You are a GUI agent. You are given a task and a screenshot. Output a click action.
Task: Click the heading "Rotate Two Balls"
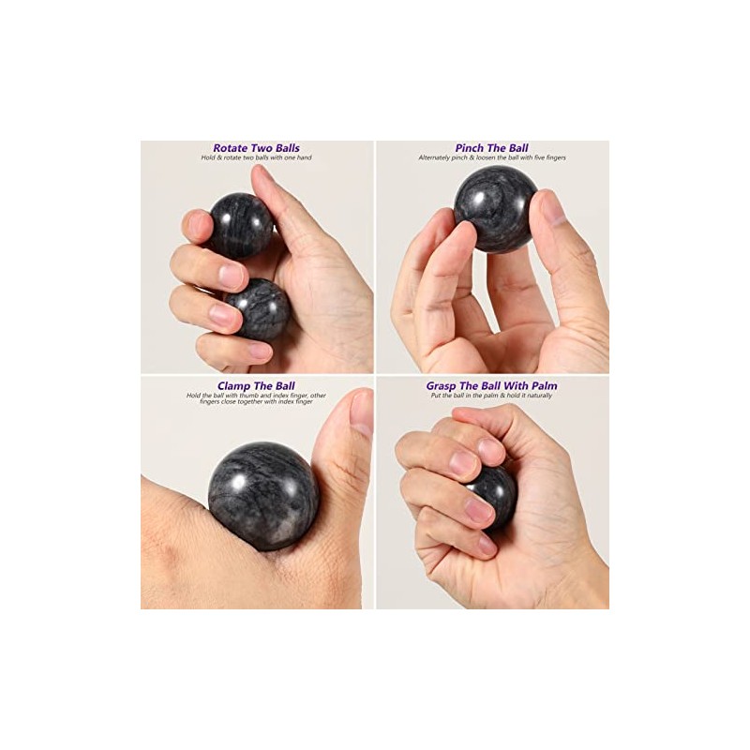(256, 148)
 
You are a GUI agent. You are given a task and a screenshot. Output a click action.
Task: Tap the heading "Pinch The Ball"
(491, 148)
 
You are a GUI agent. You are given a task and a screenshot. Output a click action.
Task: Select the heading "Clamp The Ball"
(256, 385)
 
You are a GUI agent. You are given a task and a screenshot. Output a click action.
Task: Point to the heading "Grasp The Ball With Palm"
(491, 385)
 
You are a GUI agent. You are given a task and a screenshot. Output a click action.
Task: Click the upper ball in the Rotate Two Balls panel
(240, 225)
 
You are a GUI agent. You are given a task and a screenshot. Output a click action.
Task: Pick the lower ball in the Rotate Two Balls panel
(257, 309)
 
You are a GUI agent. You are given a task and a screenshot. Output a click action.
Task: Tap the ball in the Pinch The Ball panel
(495, 209)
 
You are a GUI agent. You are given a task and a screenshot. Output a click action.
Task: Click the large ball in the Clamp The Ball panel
(263, 496)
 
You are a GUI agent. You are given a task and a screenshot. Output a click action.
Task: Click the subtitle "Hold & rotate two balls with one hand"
(256, 157)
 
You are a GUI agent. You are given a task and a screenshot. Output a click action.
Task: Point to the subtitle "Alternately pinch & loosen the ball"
(491, 157)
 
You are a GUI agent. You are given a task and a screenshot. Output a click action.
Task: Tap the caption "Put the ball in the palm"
(491, 395)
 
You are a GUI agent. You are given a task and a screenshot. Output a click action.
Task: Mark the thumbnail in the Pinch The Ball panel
(552, 209)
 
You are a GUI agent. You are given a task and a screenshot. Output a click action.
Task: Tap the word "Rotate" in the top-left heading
(231, 148)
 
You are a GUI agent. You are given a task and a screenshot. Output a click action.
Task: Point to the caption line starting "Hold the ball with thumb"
(256, 395)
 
